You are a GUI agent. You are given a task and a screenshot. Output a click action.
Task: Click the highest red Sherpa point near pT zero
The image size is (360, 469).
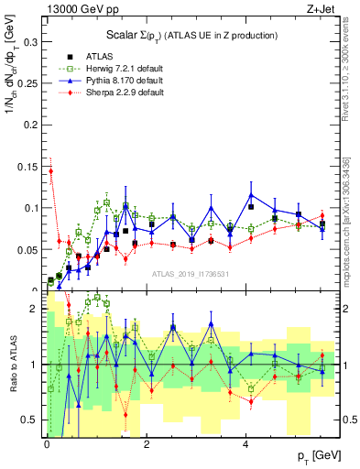[x=51, y=171]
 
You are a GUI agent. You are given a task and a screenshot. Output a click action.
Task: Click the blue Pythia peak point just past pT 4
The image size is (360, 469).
[x=250, y=194]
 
